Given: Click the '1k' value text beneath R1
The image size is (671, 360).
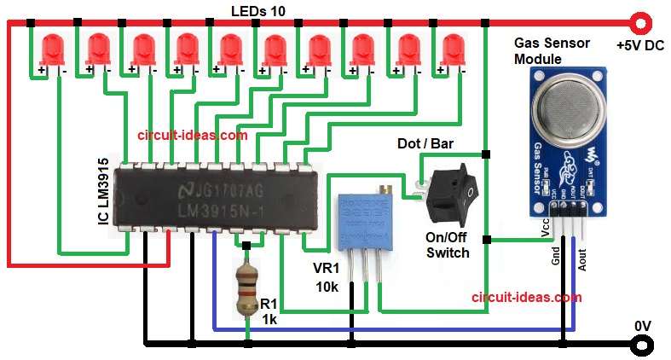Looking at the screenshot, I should [269, 319].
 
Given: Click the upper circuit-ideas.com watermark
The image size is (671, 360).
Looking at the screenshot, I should [193, 135].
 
